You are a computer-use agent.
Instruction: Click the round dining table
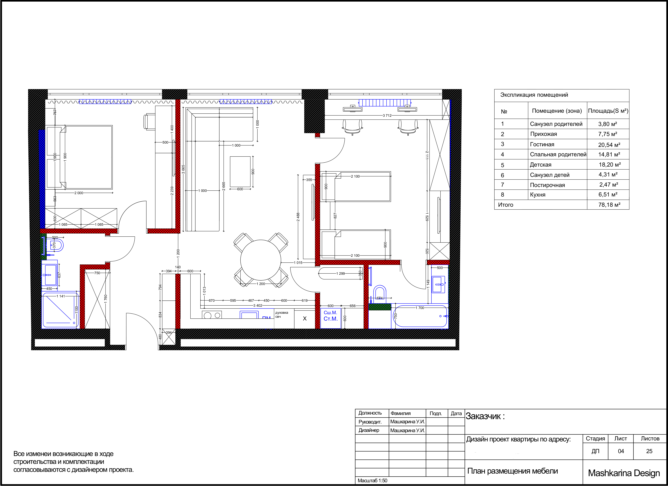[x=261, y=260]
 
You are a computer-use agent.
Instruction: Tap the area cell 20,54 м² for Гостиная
[x=609, y=145]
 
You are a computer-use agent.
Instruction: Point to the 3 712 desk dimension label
[x=387, y=116]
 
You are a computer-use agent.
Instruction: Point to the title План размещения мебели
[x=513, y=471]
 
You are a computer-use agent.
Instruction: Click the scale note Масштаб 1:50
[x=372, y=481]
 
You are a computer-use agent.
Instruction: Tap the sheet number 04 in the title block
[x=621, y=451]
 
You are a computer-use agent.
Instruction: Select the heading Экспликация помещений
[x=534, y=95]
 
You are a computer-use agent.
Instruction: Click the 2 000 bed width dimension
[x=79, y=193]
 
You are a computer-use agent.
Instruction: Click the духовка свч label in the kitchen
[x=282, y=314]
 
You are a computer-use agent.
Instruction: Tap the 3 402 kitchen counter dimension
[x=258, y=306]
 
